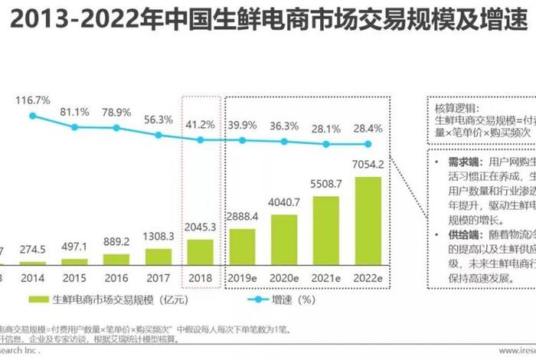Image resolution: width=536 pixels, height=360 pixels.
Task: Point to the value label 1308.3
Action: click(x=159, y=237)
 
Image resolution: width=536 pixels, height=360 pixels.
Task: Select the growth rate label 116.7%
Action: click(x=32, y=100)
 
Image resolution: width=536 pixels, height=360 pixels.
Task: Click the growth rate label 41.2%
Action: click(x=201, y=123)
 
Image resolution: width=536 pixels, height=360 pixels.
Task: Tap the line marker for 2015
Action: click(x=75, y=126)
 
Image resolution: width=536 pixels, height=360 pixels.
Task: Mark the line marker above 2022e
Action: click(x=368, y=144)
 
